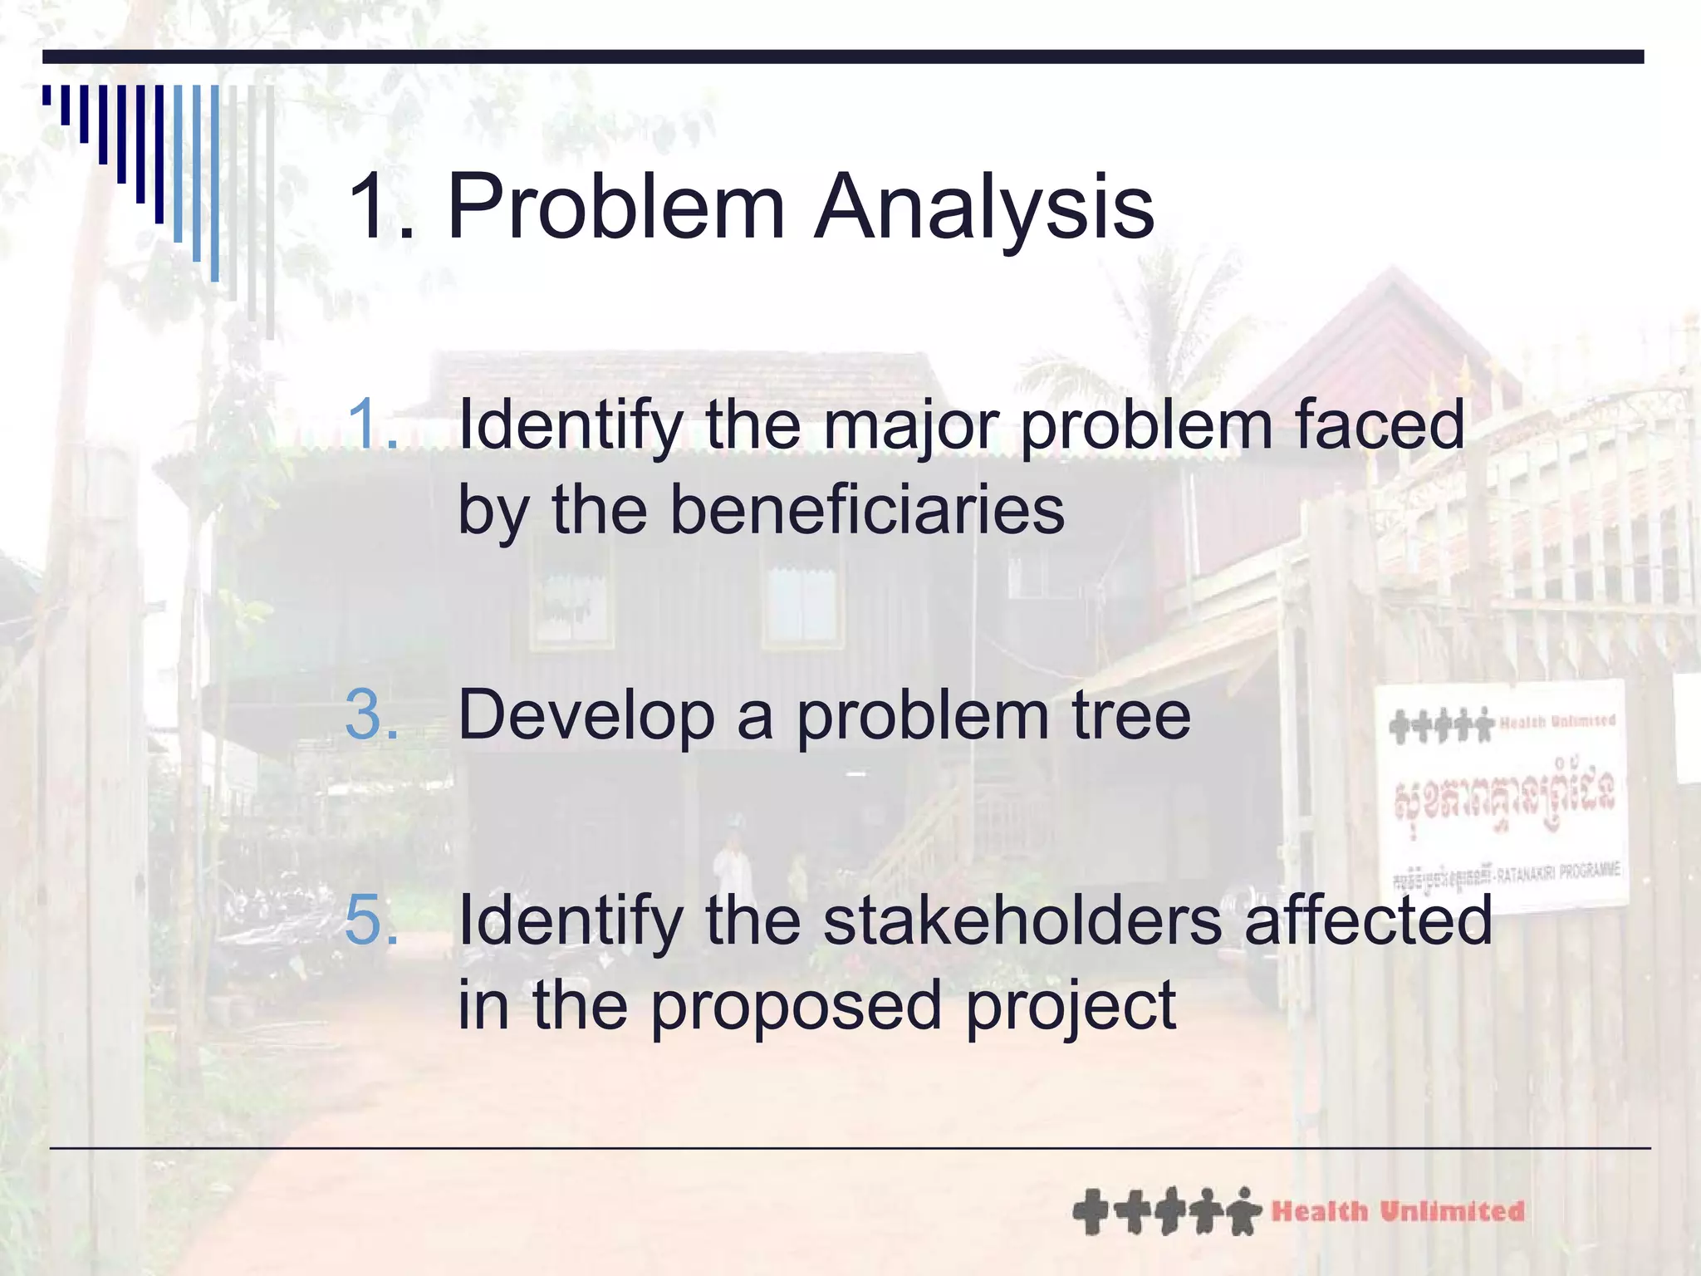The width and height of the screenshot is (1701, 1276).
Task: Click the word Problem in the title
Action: point(615,206)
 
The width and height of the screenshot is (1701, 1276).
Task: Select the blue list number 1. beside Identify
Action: point(371,424)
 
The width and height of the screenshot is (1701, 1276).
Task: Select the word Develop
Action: point(586,716)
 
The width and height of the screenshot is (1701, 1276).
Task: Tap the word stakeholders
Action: point(1022,920)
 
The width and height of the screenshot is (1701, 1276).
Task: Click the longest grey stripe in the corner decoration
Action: point(270,212)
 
